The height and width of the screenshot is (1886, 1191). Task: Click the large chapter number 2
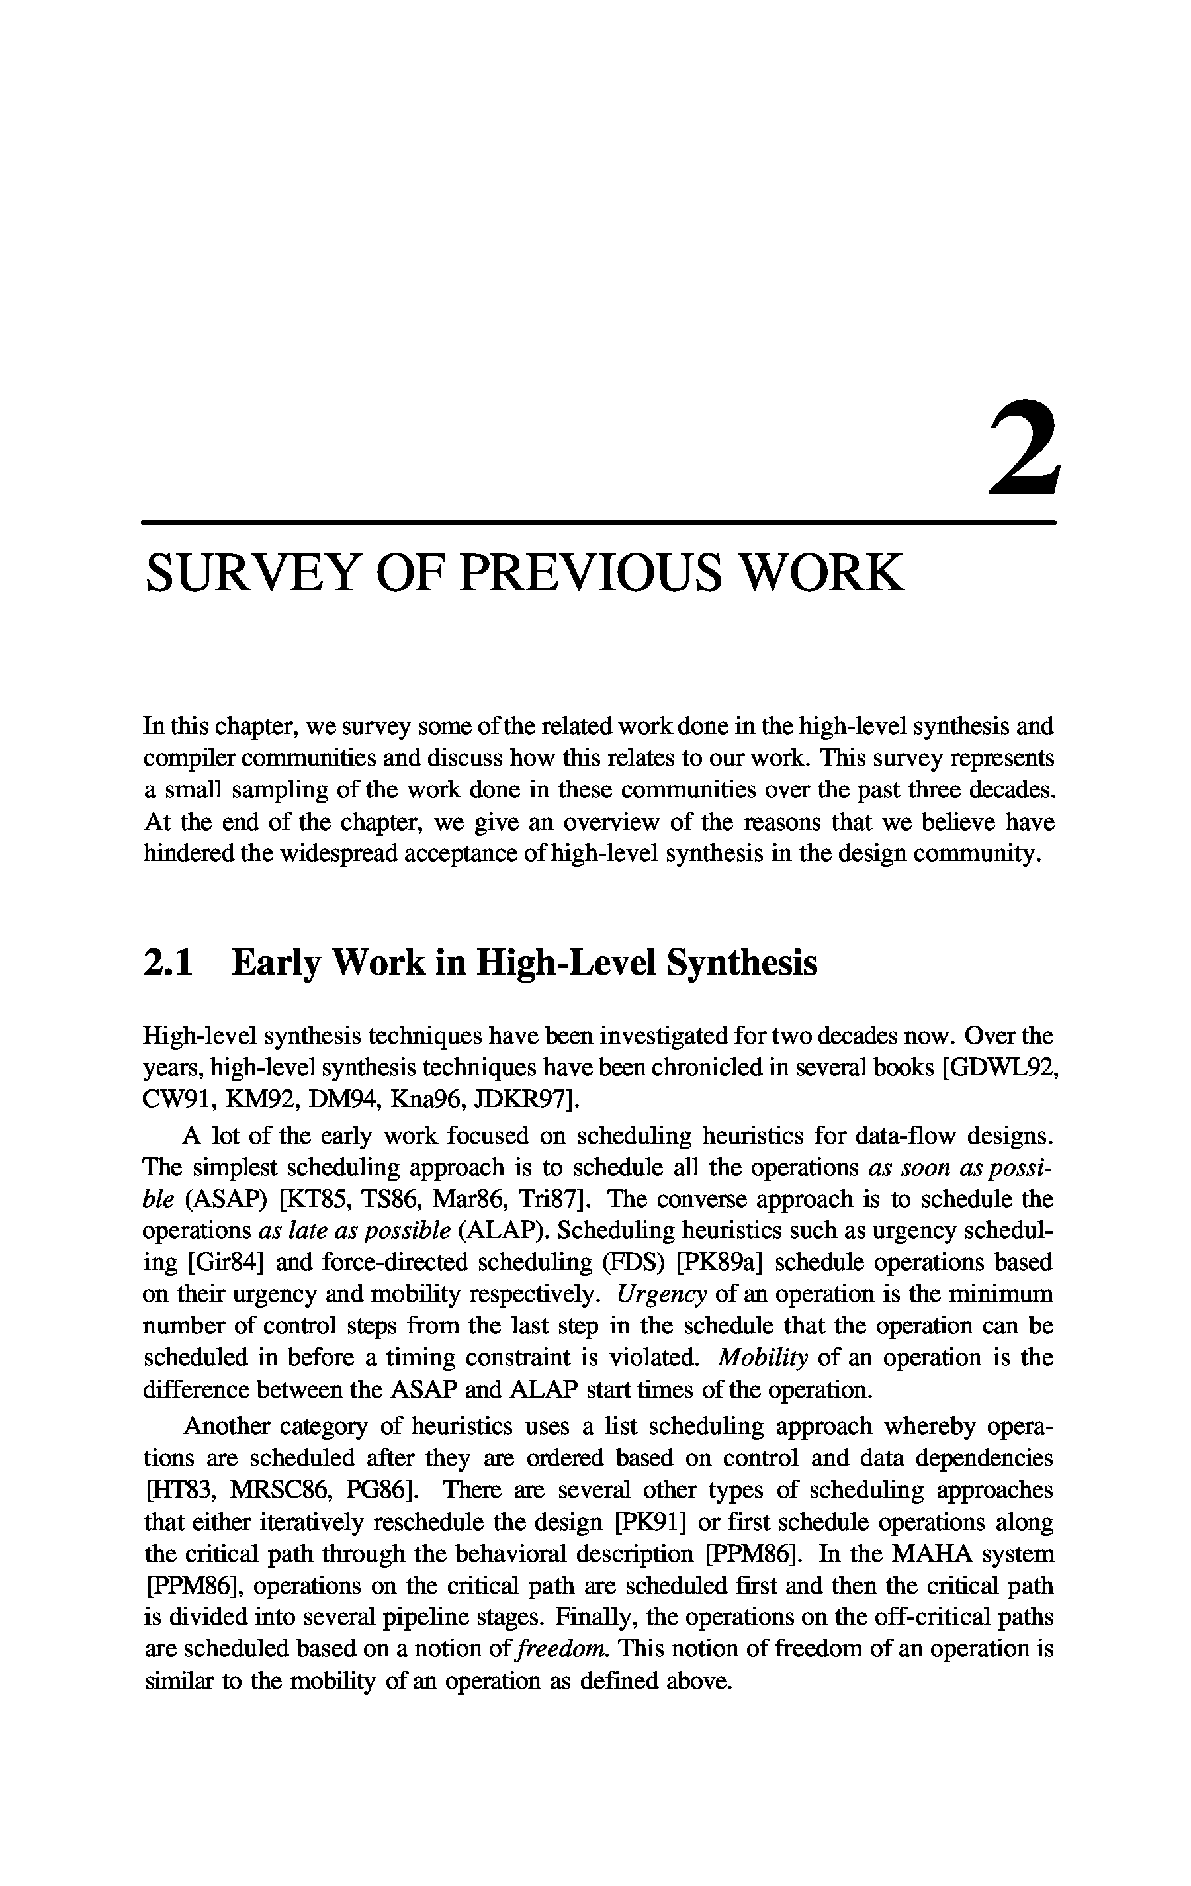pyautogui.click(x=1024, y=449)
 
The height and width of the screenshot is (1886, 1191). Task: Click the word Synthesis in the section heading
pyautogui.click(x=741, y=963)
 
